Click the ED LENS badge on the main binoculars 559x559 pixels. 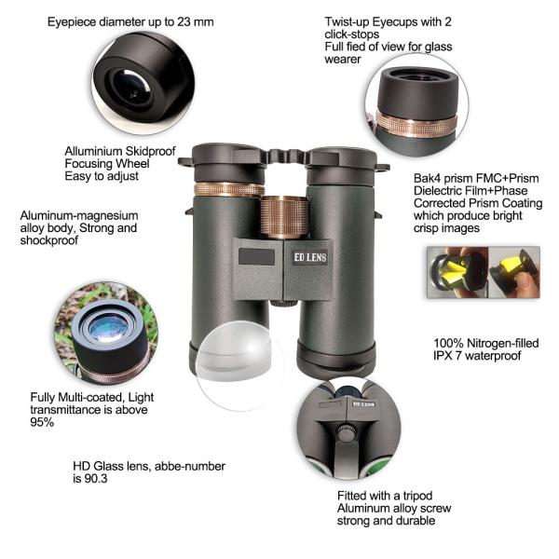click(310, 257)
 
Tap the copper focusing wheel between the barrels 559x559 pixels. click(284, 217)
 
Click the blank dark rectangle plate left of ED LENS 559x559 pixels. click(257, 257)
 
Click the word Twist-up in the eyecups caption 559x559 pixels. click(347, 22)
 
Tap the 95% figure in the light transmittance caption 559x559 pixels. click(42, 422)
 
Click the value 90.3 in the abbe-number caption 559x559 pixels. click(96, 479)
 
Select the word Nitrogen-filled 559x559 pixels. click(503, 343)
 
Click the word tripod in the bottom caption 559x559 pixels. click(417, 496)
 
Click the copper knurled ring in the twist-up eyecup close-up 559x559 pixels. click(416, 124)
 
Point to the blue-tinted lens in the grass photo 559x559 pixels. click(107, 328)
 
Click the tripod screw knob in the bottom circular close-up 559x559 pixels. click(346, 432)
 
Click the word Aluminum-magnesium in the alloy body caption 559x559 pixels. click(79, 216)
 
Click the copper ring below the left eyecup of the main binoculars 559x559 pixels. click(228, 189)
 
